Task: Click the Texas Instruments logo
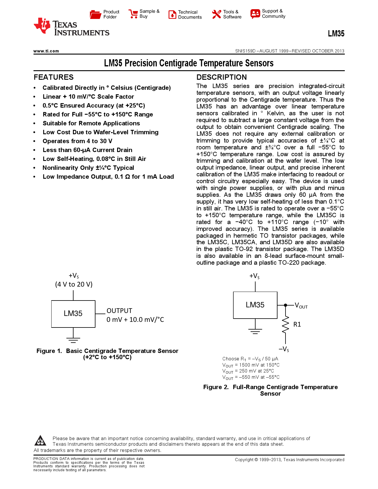(71, 27)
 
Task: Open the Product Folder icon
(95, 14)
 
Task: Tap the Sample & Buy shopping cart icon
(133, 14)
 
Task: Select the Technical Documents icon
(172, 15)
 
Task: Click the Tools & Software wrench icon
(217, 14)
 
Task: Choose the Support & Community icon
(255, 14)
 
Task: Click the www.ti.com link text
(46, 51)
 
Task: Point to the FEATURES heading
(54, 77)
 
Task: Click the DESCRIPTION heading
(221, 77)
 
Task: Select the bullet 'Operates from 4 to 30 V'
(77, 141)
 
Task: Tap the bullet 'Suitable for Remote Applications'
(91, 123)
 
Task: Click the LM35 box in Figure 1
(73, 314)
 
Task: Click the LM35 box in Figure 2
(255, 305)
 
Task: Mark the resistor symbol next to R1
(285, 325)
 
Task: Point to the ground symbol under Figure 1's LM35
(73, 340)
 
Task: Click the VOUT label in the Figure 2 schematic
(301, 306)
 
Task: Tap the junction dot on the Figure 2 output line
(286, 305)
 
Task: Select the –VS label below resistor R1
(284, 349)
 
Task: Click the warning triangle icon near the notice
(40, 441)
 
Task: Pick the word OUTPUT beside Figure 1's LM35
(119, 311)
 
